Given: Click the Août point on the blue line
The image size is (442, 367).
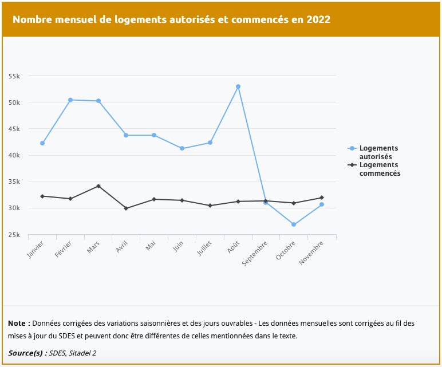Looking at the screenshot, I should pyautogui.click(x=238, y=86).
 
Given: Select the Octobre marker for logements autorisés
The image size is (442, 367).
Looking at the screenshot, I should pyautogui.click(x=294, y=224).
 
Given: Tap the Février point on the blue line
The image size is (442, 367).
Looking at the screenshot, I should pyautogui.click(x=70, y=100).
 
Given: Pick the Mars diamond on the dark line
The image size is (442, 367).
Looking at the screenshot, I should pyautogui.click(x=98, y=186).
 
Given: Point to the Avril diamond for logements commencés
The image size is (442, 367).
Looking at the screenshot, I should pyautogui.click(x=126, y=208).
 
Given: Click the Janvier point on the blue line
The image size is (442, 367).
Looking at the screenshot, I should pyautogui.click(x=42, y=143).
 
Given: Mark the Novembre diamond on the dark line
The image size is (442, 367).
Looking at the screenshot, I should pyautogui.click(x=322, y=198).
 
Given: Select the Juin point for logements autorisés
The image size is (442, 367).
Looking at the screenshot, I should pyautogui.click(x=182, y=148).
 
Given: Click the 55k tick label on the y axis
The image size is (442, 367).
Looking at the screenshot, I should pyautogui.click(x=14, y=76).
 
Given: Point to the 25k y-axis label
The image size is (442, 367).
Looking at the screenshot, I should pyautogui.click(x=14, y=235).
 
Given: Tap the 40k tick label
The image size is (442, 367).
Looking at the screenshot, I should pyautogui.click(x=14, y=155).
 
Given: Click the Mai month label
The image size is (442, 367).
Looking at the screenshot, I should pyautogui.click(x=150, y=246).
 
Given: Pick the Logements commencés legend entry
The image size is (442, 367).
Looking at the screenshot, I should pyautogui.click(x=379, y=169).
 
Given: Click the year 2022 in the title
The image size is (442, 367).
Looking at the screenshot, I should pyautogui.click(x=318, y=19).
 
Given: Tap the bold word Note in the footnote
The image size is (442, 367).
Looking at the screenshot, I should pyautogui.click(x=19, y=323).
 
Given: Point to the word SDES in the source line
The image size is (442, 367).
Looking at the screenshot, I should pyautogui.click(x=58, y=353).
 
